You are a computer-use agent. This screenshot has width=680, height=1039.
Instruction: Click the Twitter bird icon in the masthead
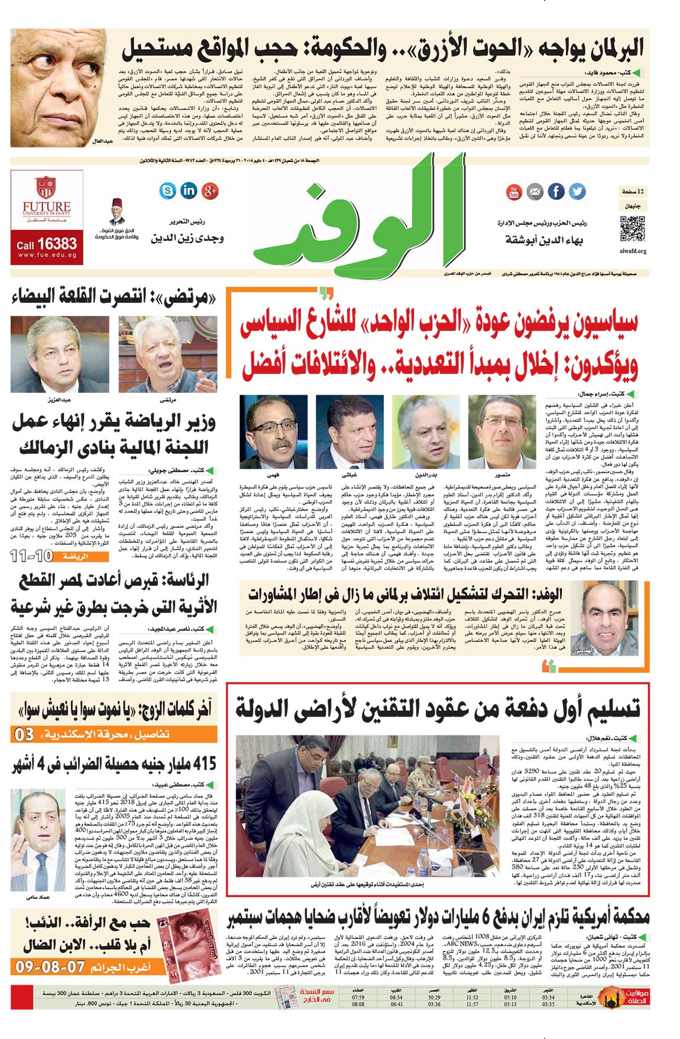tap(577, 192)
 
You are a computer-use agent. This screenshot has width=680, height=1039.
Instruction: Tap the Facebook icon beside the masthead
tap(556, 192)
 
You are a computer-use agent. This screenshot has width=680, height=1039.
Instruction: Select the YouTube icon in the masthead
tap(513, 192)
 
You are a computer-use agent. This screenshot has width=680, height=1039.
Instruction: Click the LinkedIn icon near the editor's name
tap(189, 191)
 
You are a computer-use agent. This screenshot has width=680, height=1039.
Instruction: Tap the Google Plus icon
tap(210, 191)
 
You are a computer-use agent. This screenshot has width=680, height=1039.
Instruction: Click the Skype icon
tap(168, 191)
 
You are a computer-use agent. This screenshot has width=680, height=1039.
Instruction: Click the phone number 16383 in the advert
tap(56, 243)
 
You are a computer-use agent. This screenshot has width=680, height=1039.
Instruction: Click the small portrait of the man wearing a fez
tap(116, 213)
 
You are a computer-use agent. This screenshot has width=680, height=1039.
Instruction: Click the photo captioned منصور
tap(502, 433)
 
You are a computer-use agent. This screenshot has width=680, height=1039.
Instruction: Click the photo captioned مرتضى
tap(167, 354)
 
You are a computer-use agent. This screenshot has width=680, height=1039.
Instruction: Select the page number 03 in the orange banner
tap(24, 734)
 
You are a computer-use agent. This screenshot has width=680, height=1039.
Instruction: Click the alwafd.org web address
tap(633, 251)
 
